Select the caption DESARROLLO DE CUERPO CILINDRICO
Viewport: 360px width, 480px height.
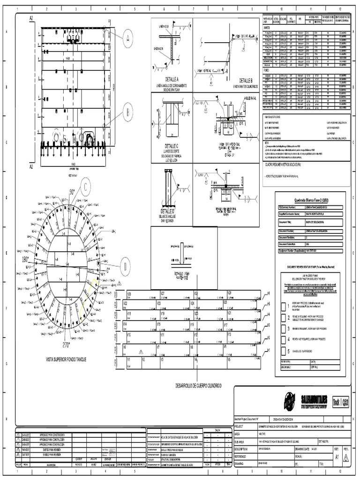click(x=198, y=384)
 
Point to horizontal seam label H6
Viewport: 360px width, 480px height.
click(x=269, y=294)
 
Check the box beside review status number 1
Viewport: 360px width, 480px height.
click(x=284, y=307)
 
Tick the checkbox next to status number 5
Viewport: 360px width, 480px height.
click(x=284, y=351)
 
